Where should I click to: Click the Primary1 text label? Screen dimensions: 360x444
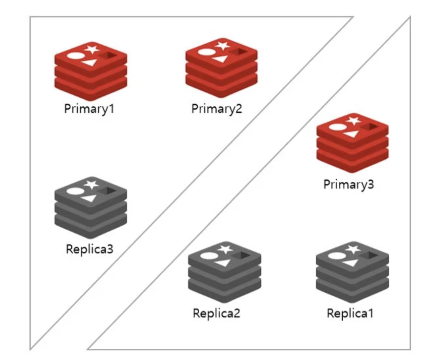pyautogui.click(x=89, y=109)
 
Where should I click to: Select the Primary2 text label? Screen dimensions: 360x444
pyautogui.click(x=216, y=109)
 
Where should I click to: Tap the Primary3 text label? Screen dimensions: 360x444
pyautogui.click(x=348, y=185)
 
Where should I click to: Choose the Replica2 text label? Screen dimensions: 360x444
pyautogui.click(x=216, y=313)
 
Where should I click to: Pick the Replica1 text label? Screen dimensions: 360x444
pyautogui.click(x=350, y=313)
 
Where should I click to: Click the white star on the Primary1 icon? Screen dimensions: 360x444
pyautogui.click(x=92, y=50)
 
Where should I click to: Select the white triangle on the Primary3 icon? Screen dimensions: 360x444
pyautogui.click(x=350, y=134)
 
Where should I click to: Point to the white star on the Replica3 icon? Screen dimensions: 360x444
pyautogui.click(x=92, y=184)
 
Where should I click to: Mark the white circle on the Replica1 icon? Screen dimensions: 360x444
pyautogui.click(x=335, y=256)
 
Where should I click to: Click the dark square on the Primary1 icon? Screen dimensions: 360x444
pyautogui.click(x=109, y=56)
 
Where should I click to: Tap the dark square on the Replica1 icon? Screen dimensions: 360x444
pyautogui.click(x=370, y=256)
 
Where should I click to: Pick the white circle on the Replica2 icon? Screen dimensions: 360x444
pyautogui.click(x=207, y=256)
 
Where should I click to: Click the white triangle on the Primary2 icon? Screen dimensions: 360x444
pyautogui.click(x=219, y=59)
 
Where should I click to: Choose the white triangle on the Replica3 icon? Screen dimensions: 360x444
pyautogui.click(x=90, y=198)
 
